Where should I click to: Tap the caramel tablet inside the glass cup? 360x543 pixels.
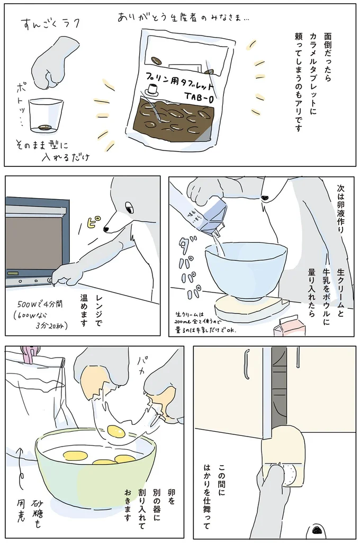coord(44,127)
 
